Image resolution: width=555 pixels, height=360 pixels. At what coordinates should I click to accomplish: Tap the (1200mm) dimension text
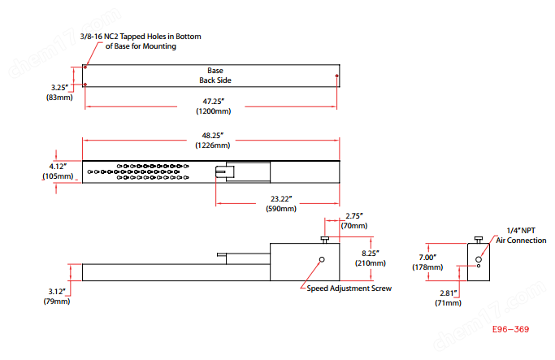point(213,111)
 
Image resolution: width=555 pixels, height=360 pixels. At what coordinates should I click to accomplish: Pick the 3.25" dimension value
point(58,86)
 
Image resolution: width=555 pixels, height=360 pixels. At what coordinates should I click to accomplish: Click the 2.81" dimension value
point(448,293)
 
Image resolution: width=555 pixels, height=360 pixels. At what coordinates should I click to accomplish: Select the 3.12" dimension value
point(57,291)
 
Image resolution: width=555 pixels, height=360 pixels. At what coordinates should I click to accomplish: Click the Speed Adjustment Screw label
point(349,288)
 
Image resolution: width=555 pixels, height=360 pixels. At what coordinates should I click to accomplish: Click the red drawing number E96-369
point(511,330)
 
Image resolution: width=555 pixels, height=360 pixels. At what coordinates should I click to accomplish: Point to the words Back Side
point(215,80)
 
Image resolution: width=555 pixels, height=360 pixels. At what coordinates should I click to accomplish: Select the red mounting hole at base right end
point(337,76)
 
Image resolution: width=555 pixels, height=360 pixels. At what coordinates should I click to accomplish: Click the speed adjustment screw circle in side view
point(321,260)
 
